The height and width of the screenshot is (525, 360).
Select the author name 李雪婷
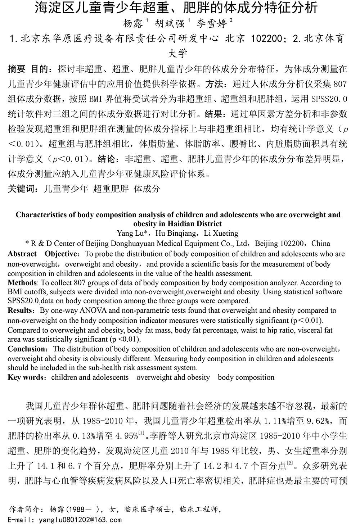point(211,23)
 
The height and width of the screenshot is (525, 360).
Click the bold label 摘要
point(17,68)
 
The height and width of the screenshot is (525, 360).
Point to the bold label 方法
point(214,84)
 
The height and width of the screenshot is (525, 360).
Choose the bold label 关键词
point(21,189)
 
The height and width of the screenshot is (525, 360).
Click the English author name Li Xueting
point(221,233)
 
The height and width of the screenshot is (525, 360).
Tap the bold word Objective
point(61,254)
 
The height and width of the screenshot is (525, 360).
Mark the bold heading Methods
point(22,282)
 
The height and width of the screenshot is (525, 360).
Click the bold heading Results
point(20,311)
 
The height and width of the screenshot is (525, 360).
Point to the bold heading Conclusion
point(26,349)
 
